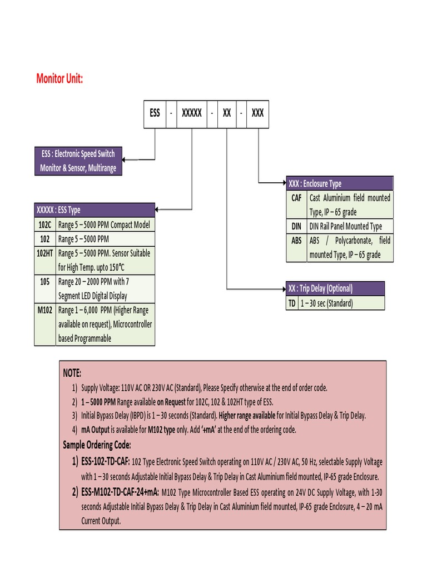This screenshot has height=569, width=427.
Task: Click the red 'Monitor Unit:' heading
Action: click(59, 78)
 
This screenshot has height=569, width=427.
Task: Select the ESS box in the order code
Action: click(155, 113)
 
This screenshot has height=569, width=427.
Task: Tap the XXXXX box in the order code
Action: click(192, 113)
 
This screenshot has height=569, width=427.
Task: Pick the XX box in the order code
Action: click(227, 113)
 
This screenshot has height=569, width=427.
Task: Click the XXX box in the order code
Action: click(257, 113)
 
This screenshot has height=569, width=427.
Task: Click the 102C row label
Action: click(45, 225)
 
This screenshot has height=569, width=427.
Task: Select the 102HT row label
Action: click(45, 253)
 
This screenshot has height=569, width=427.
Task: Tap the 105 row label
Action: click(45, 281)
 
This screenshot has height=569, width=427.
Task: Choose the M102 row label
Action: click(45, 310)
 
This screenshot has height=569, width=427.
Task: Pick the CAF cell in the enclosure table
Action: click(296, 198)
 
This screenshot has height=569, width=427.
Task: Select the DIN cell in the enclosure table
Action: click(296, 226)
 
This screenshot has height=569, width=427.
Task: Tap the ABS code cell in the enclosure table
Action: click(296, 241)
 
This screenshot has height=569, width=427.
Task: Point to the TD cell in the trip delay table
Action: click(291, 303)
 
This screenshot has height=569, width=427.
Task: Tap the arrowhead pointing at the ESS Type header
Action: click(158, 210)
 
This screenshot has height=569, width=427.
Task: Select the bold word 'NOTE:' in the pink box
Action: click(72, 372)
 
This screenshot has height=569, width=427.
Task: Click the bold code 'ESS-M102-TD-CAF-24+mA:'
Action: click(120, 492)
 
